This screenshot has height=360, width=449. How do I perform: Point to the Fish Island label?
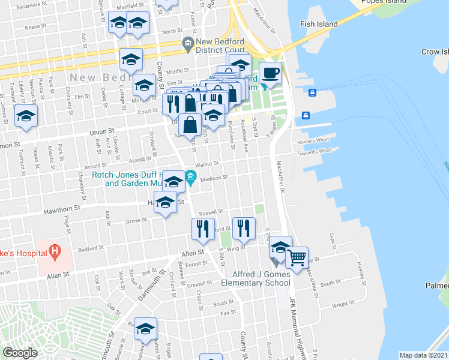pyautogui.click(x=319, y=25)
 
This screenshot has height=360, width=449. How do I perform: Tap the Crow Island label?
pyautogui.click(x=435, y=52)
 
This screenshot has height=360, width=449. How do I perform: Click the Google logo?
pyautogui.click(x=20, y=353)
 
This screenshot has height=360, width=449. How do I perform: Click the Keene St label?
pyautogui.click(x=35, y=27)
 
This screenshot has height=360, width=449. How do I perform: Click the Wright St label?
pyautogui.click(x=343, y=304)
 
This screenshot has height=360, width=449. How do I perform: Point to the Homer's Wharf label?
pyautogui.click(x=310, y=142)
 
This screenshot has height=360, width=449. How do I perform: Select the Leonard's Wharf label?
pyautogui.click(x=313, y=152)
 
